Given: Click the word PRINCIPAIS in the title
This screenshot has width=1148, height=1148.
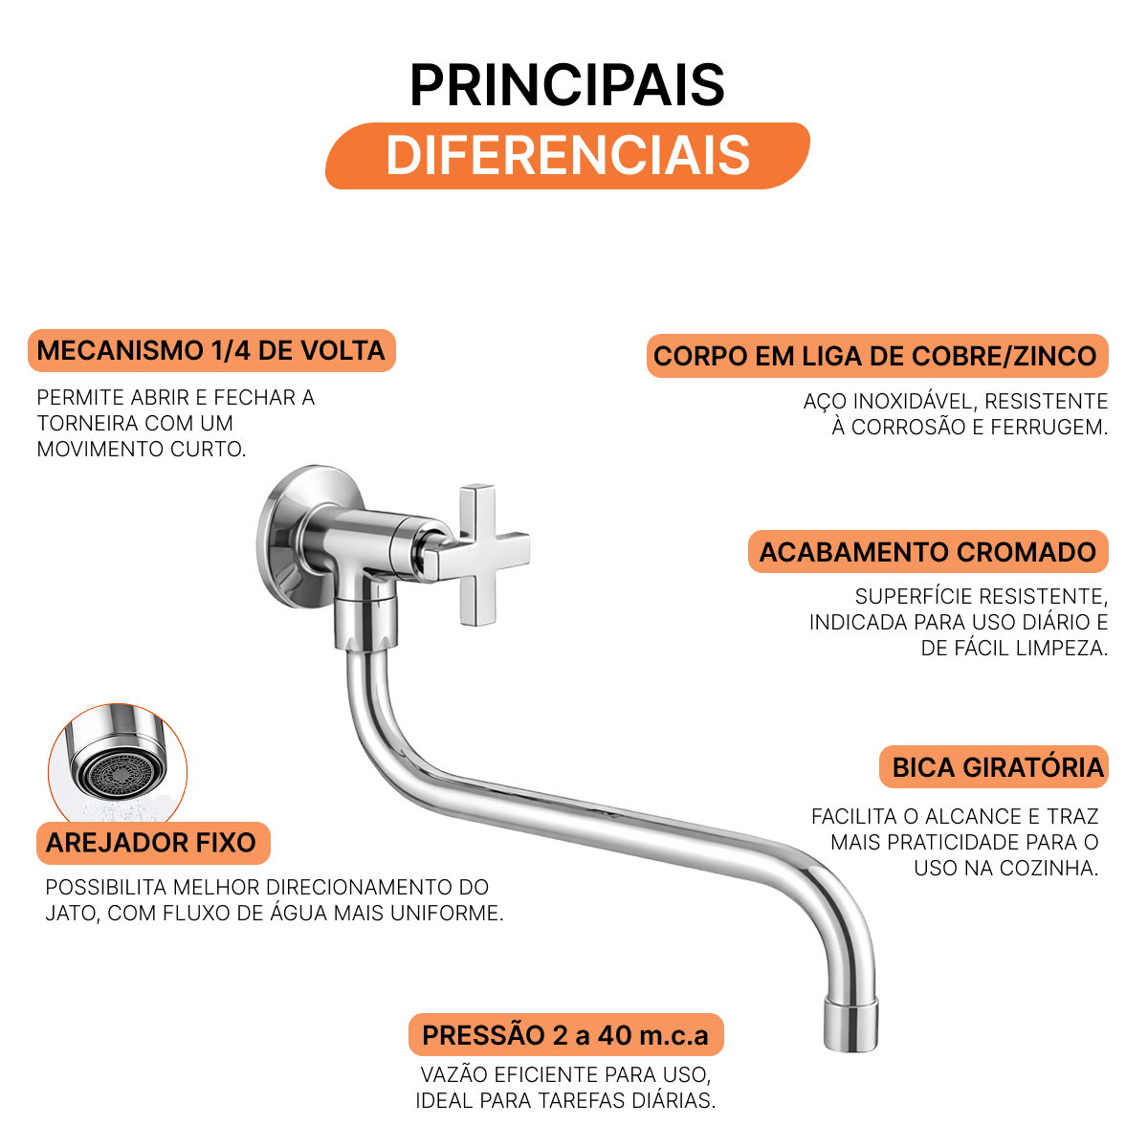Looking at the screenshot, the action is [x=566, y=85].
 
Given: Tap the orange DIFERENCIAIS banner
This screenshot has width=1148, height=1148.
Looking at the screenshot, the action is [x=567, y=156].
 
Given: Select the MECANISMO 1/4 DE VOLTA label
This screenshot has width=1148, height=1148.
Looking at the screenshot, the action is [x=211, y=350].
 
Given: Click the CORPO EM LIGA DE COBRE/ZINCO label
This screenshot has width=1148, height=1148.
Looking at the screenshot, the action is [x=877, y=356].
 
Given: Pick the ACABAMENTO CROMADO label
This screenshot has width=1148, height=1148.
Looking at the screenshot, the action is [x=928, y=552].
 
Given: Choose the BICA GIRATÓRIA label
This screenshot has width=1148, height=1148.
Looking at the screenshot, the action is [x=993, y=766].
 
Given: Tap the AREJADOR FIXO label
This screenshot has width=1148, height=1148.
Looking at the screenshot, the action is [x=153, y=843].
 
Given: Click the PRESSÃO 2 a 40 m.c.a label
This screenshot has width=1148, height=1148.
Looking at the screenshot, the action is [x=566, y=1035].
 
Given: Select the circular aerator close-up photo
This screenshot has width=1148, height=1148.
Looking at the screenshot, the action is [x=118, y=764].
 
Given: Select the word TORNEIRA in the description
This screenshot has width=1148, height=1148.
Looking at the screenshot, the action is [x=87, y=423].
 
